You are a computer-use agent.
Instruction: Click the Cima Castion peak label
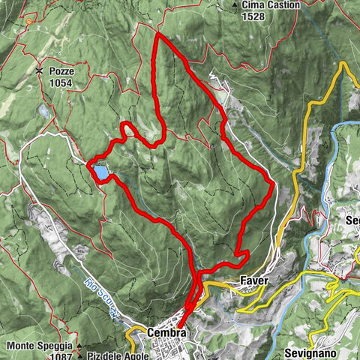271,5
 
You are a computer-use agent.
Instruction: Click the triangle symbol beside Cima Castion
235,5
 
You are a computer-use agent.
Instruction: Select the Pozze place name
61,70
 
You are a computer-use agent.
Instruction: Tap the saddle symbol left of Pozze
38,70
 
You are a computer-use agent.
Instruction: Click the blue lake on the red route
100,172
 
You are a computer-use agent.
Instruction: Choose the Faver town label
254,280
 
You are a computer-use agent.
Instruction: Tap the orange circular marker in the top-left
28,22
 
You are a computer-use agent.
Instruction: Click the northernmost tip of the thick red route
156,34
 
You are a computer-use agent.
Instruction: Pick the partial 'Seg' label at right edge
352,220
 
